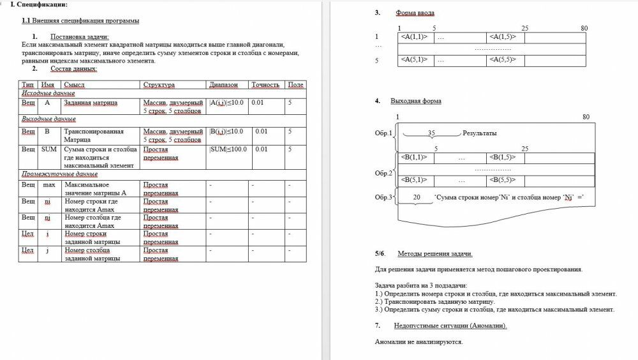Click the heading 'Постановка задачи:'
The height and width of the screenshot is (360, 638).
click(x=80, y=37)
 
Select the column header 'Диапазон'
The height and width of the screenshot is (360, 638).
click(x=223, y=85)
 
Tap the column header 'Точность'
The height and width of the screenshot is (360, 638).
click(x=265, y=85)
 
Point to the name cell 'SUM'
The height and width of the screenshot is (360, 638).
click(x=48, y=149)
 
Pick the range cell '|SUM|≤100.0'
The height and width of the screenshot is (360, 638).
click(x=228, y=149)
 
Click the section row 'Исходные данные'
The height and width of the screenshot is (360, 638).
click(x=48, y=93)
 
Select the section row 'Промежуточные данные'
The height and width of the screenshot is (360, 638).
click(x=59, y=174)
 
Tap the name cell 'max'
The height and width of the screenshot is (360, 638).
click(x=48, y=185)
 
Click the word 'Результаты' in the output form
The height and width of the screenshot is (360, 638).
click(x=480, y=133)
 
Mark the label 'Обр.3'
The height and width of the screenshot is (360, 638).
click(x=383, y=198)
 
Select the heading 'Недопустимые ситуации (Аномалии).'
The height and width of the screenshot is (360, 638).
click(x=450, y=326)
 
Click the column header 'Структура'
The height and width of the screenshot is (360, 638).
click(x=159, y=85)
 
